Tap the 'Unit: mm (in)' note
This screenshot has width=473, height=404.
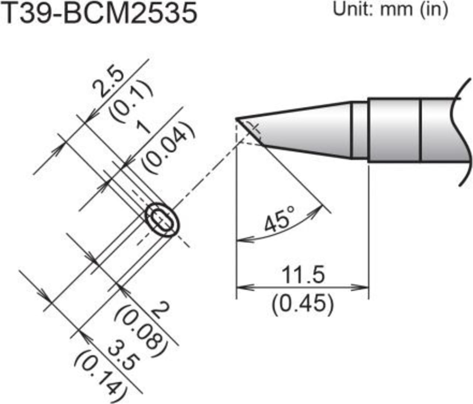[390, 10]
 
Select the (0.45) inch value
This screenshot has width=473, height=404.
[303, 303]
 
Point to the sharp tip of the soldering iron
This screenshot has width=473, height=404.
[237, 118]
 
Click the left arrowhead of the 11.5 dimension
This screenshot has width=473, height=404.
[242, 287]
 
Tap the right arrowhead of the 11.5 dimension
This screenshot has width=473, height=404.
[364, 287]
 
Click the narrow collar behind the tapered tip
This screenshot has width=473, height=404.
[359, 130]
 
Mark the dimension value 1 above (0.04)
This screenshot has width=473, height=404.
[146, 129]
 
